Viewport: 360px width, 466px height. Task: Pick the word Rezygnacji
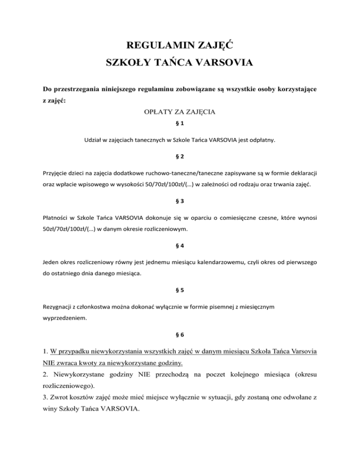[54, 306]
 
